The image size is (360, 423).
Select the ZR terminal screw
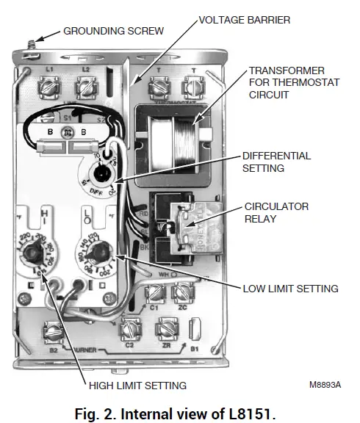click(x=168, y=328)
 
